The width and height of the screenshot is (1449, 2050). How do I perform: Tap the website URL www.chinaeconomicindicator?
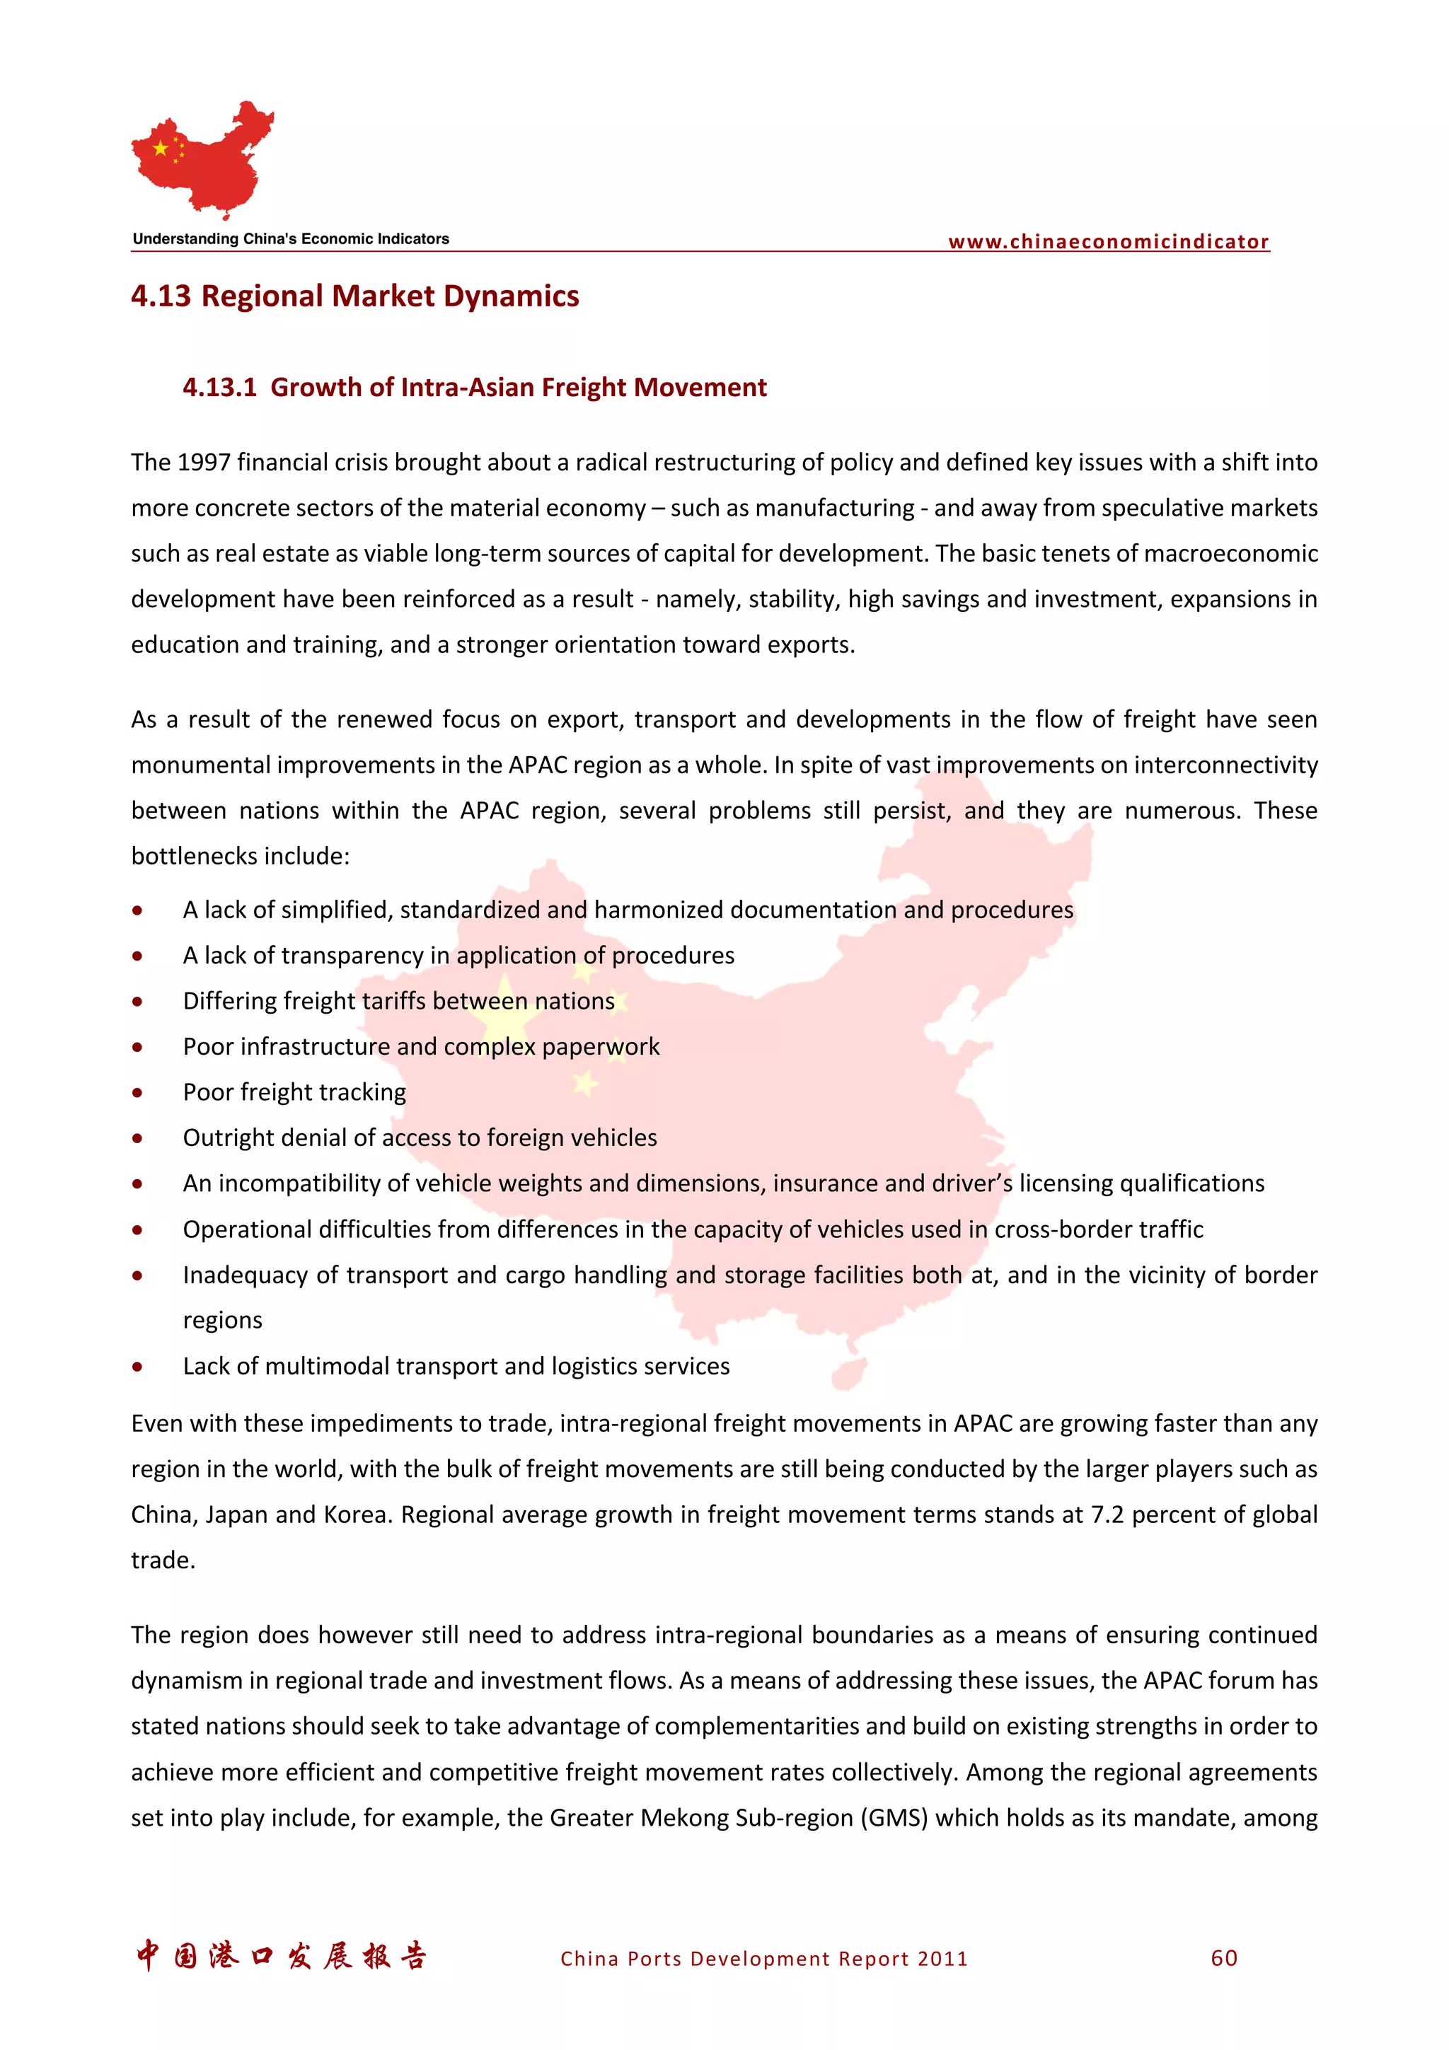coord(1108,241)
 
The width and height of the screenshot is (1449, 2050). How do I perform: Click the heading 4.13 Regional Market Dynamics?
coord(354,296)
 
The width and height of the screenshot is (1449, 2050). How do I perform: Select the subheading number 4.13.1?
coord(219,387)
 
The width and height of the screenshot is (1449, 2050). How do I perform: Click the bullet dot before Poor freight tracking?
coord(137,1092)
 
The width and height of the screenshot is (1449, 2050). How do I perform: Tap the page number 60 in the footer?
coord(1224,1958)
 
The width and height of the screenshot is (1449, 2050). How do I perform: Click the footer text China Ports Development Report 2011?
coord(763,1959)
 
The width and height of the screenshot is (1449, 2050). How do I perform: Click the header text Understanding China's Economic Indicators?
coord(291,238)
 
